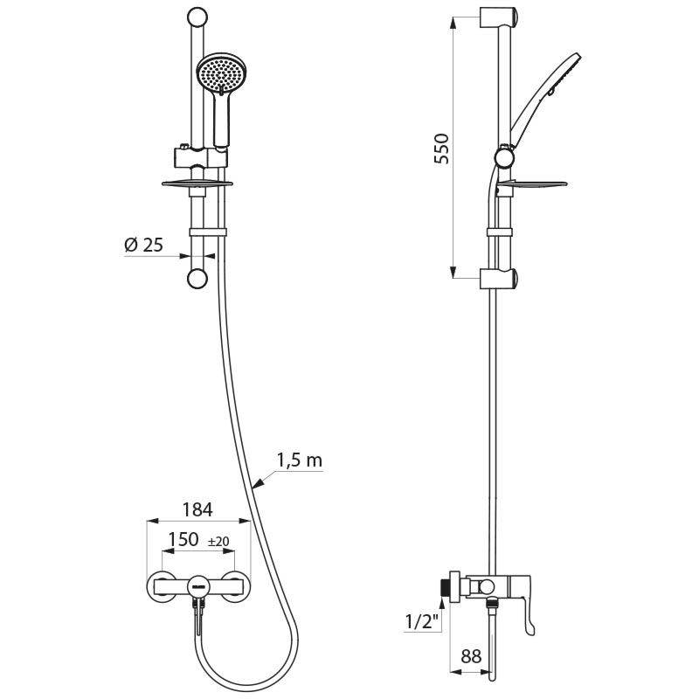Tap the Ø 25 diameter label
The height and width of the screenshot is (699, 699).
click(143, 246)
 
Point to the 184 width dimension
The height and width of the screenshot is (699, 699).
click(197, 509)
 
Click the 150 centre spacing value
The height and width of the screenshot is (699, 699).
click(183, 541)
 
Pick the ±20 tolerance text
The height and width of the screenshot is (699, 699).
click(218, 542)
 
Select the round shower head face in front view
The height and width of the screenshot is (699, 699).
click(218, 75)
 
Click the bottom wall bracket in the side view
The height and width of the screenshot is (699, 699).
click(500, 279)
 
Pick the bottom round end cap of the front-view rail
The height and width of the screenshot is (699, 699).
click(197, 279)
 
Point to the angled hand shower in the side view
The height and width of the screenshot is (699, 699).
click(542, 100)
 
